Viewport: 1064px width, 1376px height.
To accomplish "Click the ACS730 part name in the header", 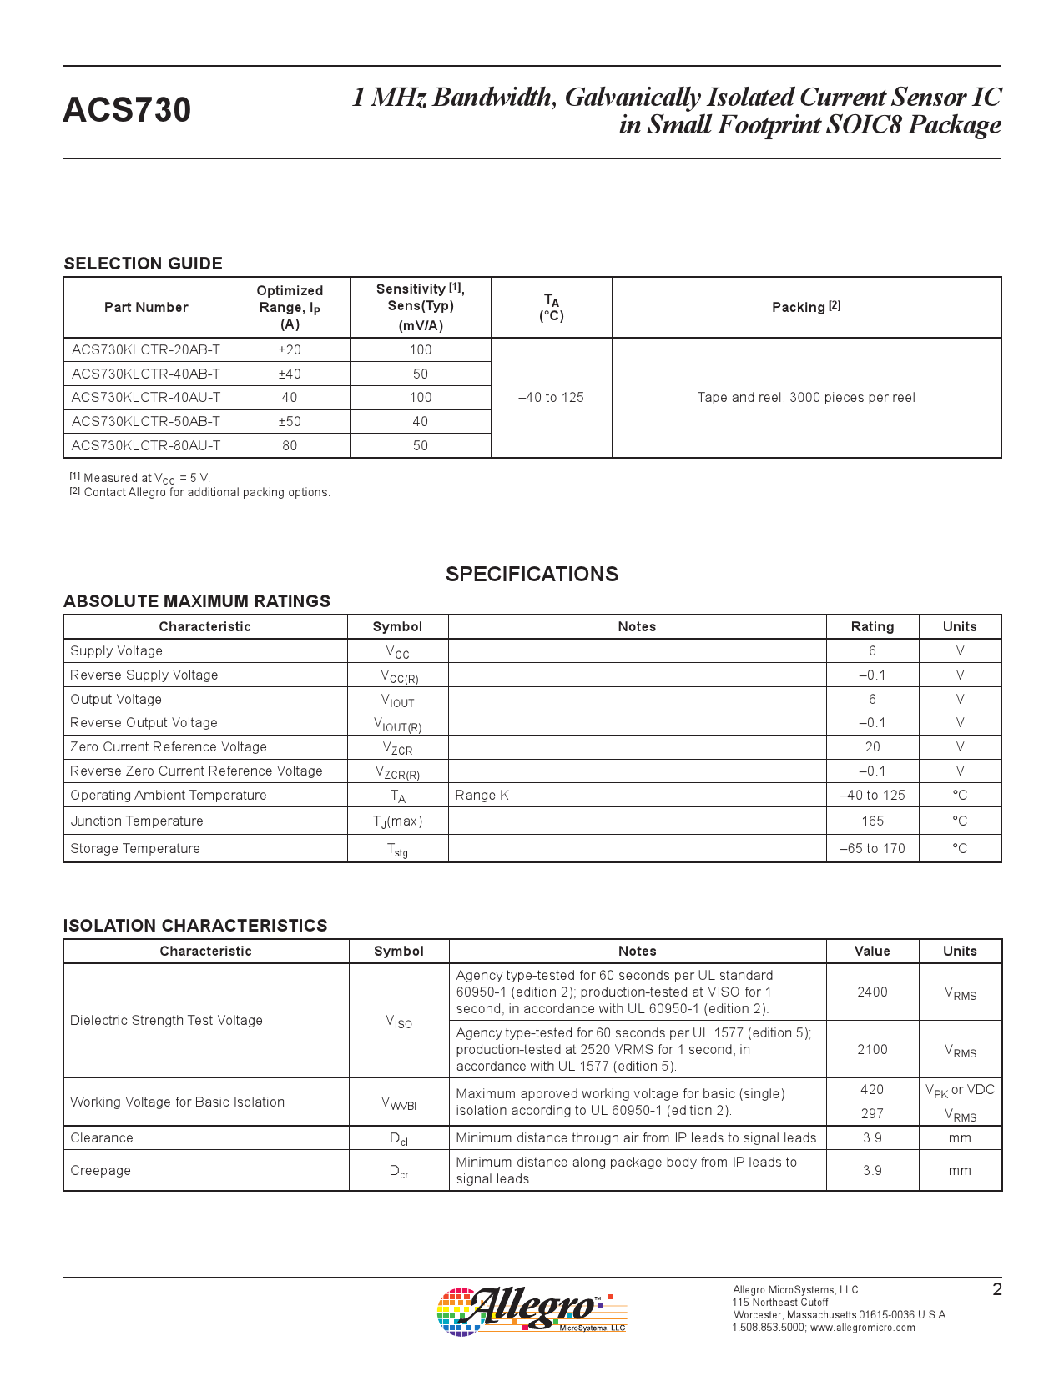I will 127,110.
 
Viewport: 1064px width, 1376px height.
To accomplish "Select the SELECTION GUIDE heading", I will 143,264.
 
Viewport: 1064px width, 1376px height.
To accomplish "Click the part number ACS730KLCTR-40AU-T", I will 146,398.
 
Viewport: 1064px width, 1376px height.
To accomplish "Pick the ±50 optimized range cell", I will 290,422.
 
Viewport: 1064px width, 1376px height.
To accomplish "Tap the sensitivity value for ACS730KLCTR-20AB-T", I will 421,350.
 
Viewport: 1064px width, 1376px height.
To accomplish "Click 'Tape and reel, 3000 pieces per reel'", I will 806,398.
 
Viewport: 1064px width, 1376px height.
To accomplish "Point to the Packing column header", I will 806,307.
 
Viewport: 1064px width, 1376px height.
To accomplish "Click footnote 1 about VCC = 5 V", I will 140,478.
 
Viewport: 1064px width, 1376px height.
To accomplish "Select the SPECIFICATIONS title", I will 532,574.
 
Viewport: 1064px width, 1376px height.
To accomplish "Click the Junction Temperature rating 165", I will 872,821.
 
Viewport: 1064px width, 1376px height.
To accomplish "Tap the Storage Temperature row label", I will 135,849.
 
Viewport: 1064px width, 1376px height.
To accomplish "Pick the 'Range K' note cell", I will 482,796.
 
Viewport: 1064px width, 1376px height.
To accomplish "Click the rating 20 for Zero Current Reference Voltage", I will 872,747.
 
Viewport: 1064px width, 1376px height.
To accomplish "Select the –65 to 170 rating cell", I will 872,849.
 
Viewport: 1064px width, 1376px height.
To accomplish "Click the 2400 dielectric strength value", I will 872,992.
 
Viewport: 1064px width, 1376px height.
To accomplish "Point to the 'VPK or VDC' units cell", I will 960,1090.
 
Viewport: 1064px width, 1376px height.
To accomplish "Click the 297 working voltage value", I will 872,1114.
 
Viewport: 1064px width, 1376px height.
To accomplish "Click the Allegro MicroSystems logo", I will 531,1311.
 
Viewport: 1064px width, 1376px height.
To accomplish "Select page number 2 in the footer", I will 996,1289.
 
